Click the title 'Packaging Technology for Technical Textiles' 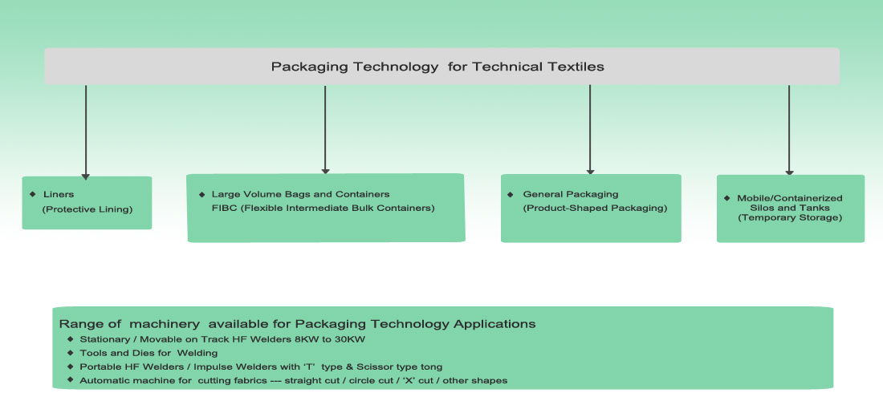[437, 67]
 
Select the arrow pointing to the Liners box [86, 132]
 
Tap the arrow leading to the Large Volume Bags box [325, 129]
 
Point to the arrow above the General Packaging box [590, 129]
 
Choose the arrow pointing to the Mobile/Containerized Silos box [789, 130]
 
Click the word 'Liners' [59, 194]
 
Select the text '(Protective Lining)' [87, 209]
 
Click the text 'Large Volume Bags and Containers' [301, 194]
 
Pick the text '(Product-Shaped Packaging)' [596, 208]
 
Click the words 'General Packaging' [571, 194]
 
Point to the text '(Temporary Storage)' [790, 217]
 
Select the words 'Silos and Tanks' [790, 208]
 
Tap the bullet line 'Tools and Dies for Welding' [149, 353]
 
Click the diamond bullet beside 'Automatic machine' [70, 380]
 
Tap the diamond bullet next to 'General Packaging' [511, 194]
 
